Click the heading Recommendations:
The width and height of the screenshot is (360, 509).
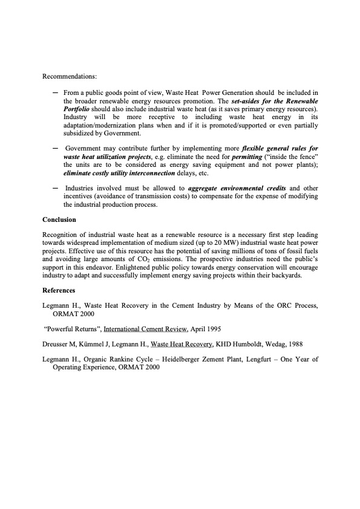coord(70,77)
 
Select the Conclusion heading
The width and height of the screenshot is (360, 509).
coord(59,219)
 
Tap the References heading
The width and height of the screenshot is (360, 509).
coord(59,290)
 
